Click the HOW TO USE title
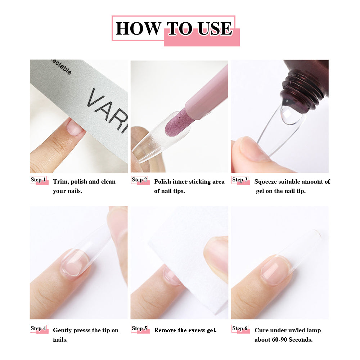174,28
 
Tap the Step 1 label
39,180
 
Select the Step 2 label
139,180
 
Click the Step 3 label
240,180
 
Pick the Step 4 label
39,328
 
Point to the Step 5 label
139,328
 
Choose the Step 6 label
240,328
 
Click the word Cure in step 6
261,330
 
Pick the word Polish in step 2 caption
163,181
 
